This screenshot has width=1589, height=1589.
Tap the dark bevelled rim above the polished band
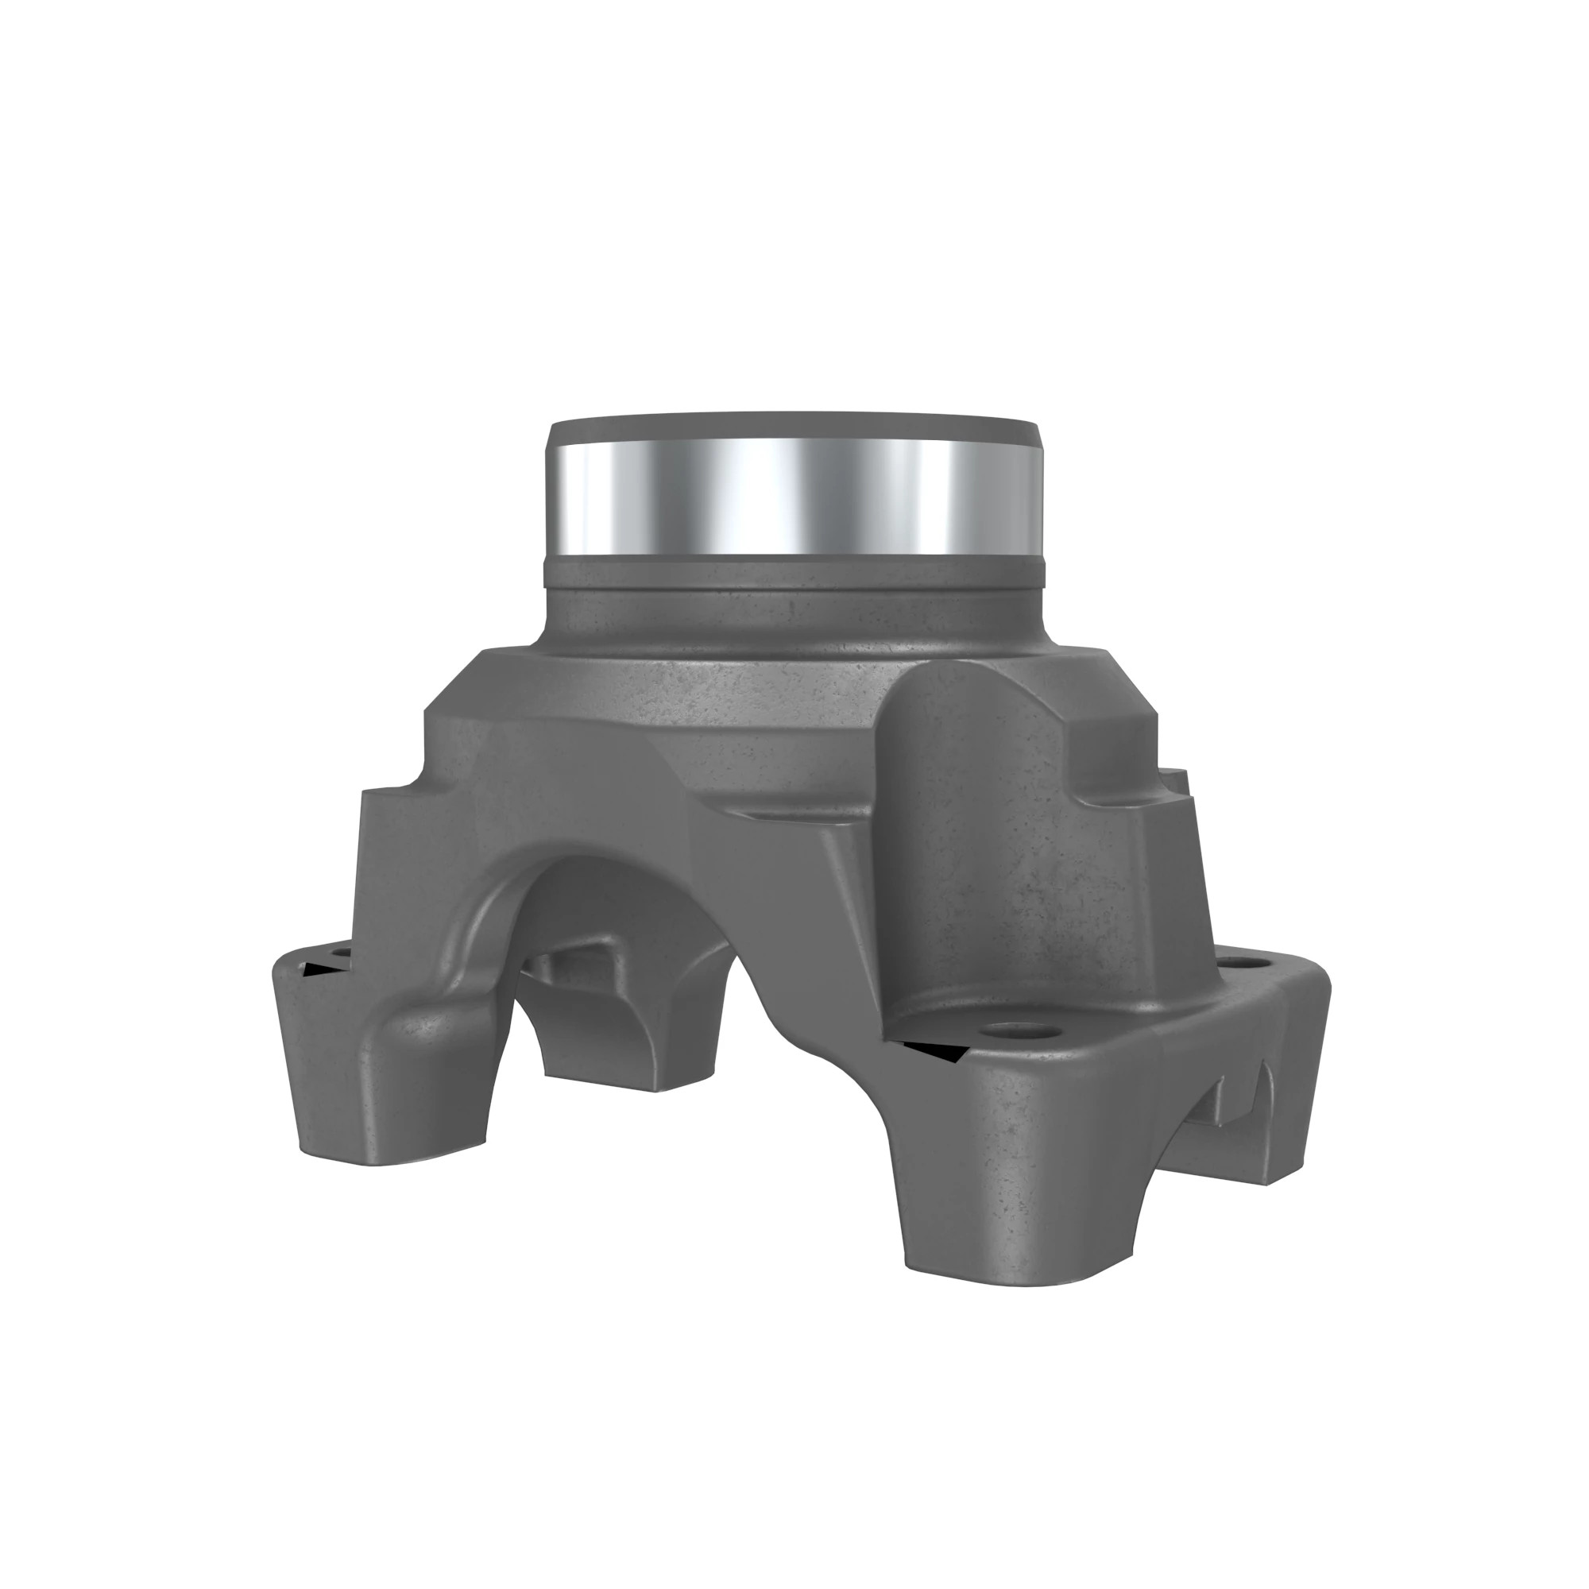tap(794, 429)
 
